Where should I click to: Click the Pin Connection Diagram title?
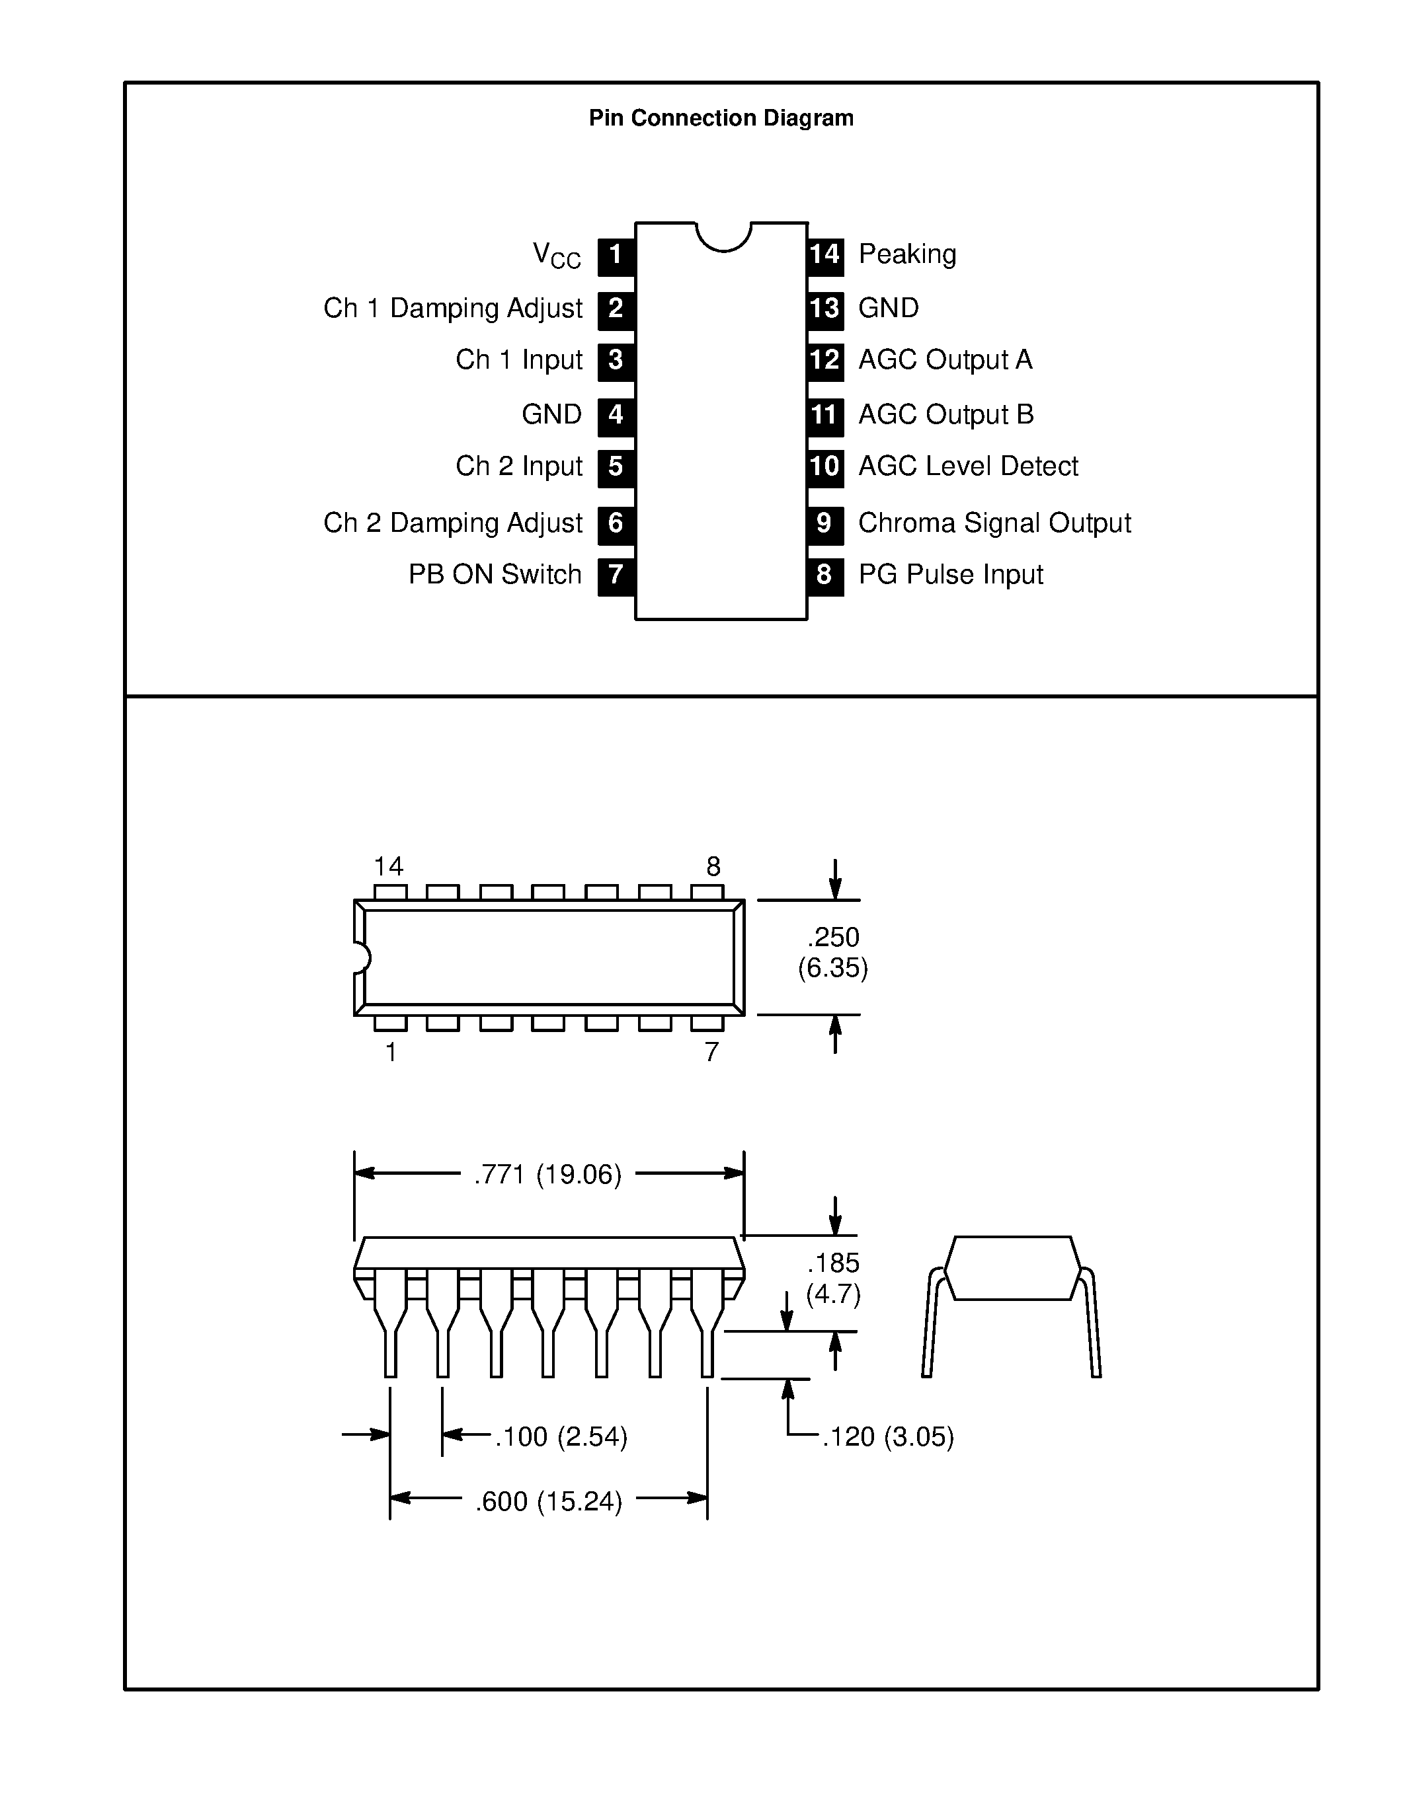point(721,118)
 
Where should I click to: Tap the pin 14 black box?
point(825,256)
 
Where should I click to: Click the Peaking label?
point(906,254)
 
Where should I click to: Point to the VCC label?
point(556,256)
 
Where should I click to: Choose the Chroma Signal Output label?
point(994,523)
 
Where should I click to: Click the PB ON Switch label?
point(495,575)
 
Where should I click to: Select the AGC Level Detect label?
point(967,466)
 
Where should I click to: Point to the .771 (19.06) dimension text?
point(547,1175)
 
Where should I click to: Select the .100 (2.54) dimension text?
point(560,1437)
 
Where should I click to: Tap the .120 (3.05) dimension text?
point(887,1437)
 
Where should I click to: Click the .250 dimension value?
point(832,938)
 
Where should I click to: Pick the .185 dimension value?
point(832,1263)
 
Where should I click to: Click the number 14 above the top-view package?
point(388,867)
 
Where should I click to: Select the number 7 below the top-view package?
point(711,1053)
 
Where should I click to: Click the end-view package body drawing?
point(1012,1268)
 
